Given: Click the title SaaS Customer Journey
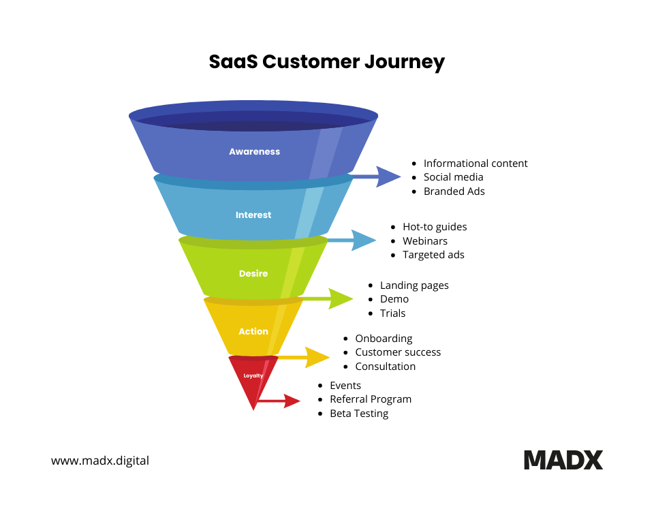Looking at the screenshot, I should click(x=327, y=62).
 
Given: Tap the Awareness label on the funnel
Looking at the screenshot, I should click(x=254, y=152).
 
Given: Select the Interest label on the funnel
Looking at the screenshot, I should click(x=253, y=215).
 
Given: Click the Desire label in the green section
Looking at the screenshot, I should click(x=253, y=274).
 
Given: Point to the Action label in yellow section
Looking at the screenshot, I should click(x=253, y=332).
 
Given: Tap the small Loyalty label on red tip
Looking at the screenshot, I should click(x=253, y=375).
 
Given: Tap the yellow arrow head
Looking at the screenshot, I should click(x=317, y=357).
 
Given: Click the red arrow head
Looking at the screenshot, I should click(x=292, y=401).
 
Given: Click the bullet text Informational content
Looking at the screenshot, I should click(x=476, y=164).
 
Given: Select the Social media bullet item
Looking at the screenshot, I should click(x=454, y=177).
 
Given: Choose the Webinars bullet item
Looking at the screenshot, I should click(x=425, y=241).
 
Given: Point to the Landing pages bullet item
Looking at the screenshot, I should click(x=414, y=285).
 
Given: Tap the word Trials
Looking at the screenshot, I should click(x=392, y=313).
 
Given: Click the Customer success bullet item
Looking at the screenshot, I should click(x=398, y=352).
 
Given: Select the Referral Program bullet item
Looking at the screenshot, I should click(x=371, y=399).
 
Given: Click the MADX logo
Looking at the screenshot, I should click(x=563, y=460).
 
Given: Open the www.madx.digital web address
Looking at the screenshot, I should click(x=100, y=461).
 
